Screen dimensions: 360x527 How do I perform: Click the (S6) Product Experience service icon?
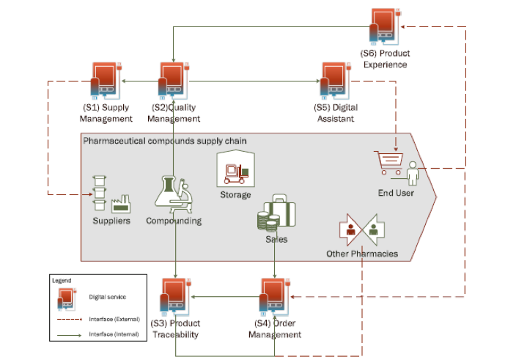click(385, 26)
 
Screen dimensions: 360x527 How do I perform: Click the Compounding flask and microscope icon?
click(174, 194)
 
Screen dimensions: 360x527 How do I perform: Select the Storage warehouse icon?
click(235, 170)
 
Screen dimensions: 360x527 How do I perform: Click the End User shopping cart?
click(388, 163)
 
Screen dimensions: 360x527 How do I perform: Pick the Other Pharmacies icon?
click(362, 229)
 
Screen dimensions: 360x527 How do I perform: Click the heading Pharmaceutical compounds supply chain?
click(165, 140)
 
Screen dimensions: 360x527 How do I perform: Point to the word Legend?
click(62, 280)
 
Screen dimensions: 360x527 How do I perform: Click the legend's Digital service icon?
click(66, 298)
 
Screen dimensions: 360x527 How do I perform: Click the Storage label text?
click(235, 195)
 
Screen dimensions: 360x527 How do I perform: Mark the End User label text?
click(396, 193)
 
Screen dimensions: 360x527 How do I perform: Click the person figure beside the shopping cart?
click(412, 174)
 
